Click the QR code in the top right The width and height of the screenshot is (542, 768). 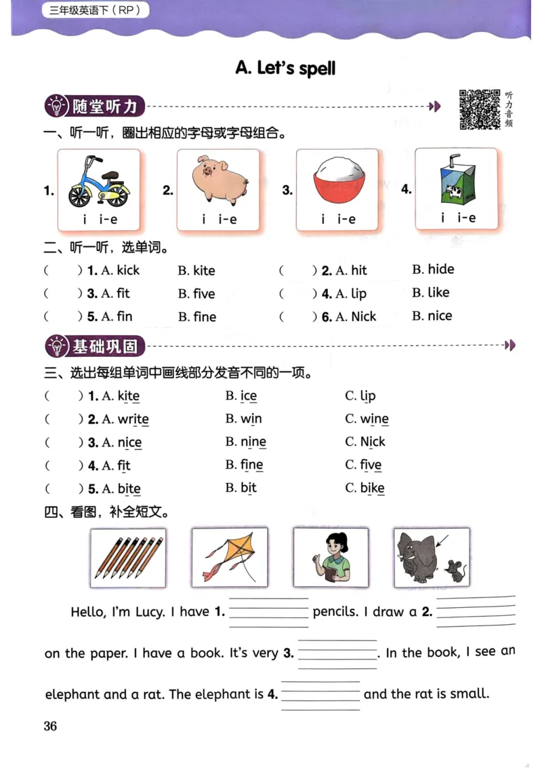[480, 109]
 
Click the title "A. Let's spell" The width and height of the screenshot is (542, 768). [285, 68]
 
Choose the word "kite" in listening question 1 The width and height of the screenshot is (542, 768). [204, 271]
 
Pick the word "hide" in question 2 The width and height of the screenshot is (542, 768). [440, 269]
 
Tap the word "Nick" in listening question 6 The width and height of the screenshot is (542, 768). [364, 316]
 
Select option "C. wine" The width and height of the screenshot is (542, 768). [367, 419]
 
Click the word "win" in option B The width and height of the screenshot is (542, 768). [251, 419]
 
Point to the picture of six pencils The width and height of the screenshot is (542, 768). [128, 558]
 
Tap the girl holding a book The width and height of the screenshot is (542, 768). [331, 558]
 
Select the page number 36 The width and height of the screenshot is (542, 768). [51, 726]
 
